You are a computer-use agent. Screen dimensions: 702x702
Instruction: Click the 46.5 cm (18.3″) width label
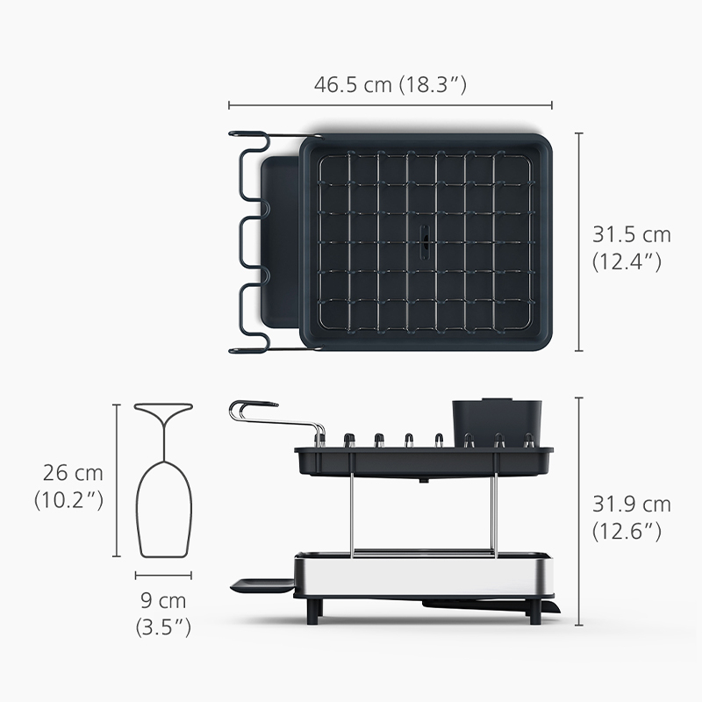390,84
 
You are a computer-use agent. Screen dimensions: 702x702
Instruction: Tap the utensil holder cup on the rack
497,422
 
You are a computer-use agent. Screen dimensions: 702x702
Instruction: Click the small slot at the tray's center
425,242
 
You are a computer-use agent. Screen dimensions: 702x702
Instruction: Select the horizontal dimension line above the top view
390,105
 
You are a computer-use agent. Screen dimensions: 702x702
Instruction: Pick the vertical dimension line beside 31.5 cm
580,242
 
